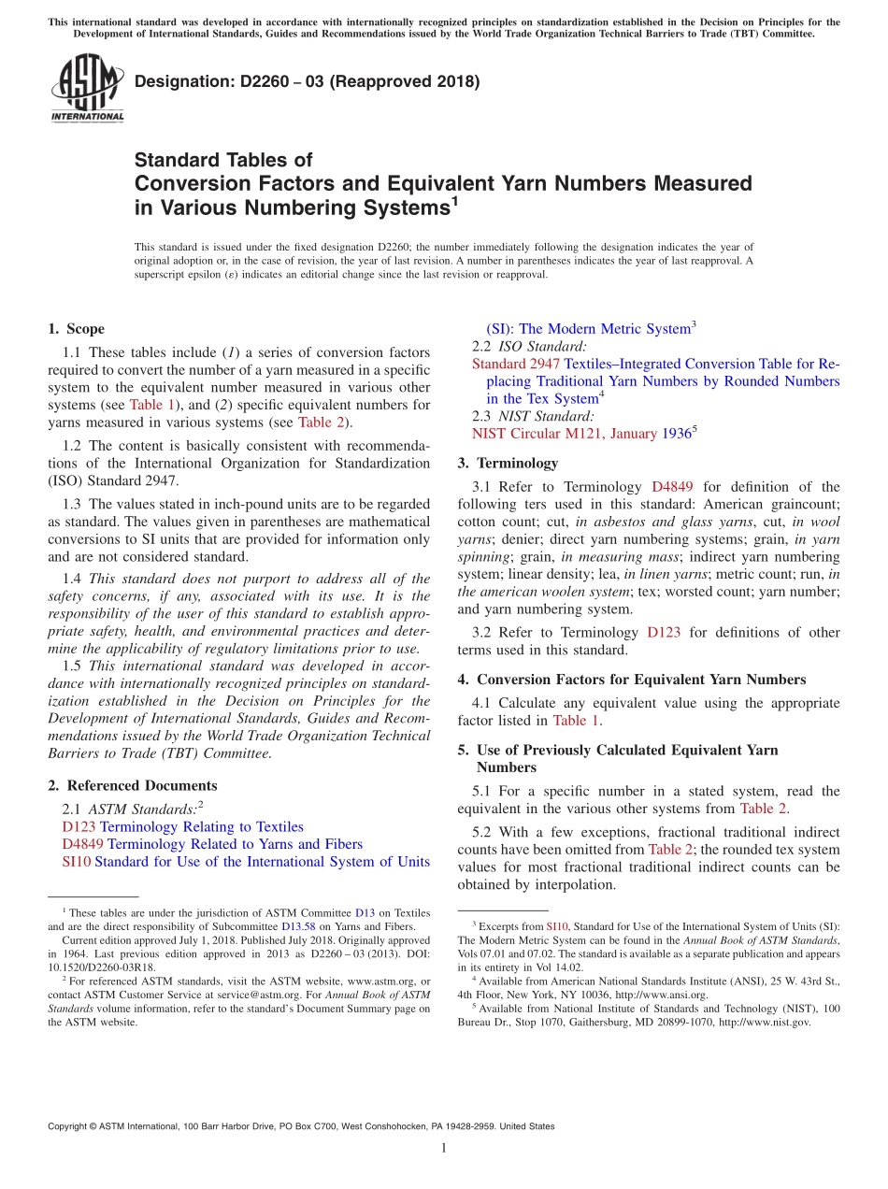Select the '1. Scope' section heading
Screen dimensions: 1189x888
(x=76, y=329)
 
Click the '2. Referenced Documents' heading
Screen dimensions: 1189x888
(x=132, y=786)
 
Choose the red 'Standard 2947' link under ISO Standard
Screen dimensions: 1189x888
(x=515, y=364)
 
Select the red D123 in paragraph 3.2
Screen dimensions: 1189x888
(x=663, y=633)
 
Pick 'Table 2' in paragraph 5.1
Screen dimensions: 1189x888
(x=764, y=809)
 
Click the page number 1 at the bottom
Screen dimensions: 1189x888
(x=443, y=1148)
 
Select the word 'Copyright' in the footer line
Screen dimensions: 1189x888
(x=68, y=1126)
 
